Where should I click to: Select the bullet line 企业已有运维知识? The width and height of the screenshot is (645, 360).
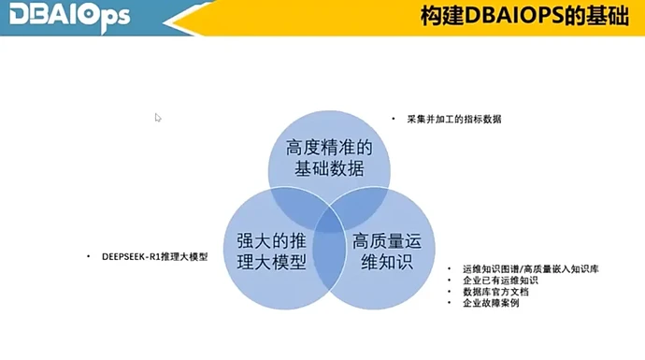coord(500,280)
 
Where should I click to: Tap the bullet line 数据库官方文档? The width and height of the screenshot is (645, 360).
coord(500,292)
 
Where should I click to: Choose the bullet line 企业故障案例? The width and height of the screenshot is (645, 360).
coord(494,303)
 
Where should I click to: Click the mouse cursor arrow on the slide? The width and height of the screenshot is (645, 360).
coord(158,118)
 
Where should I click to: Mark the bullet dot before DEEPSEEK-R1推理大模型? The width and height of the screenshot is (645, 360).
coord(87,256)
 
